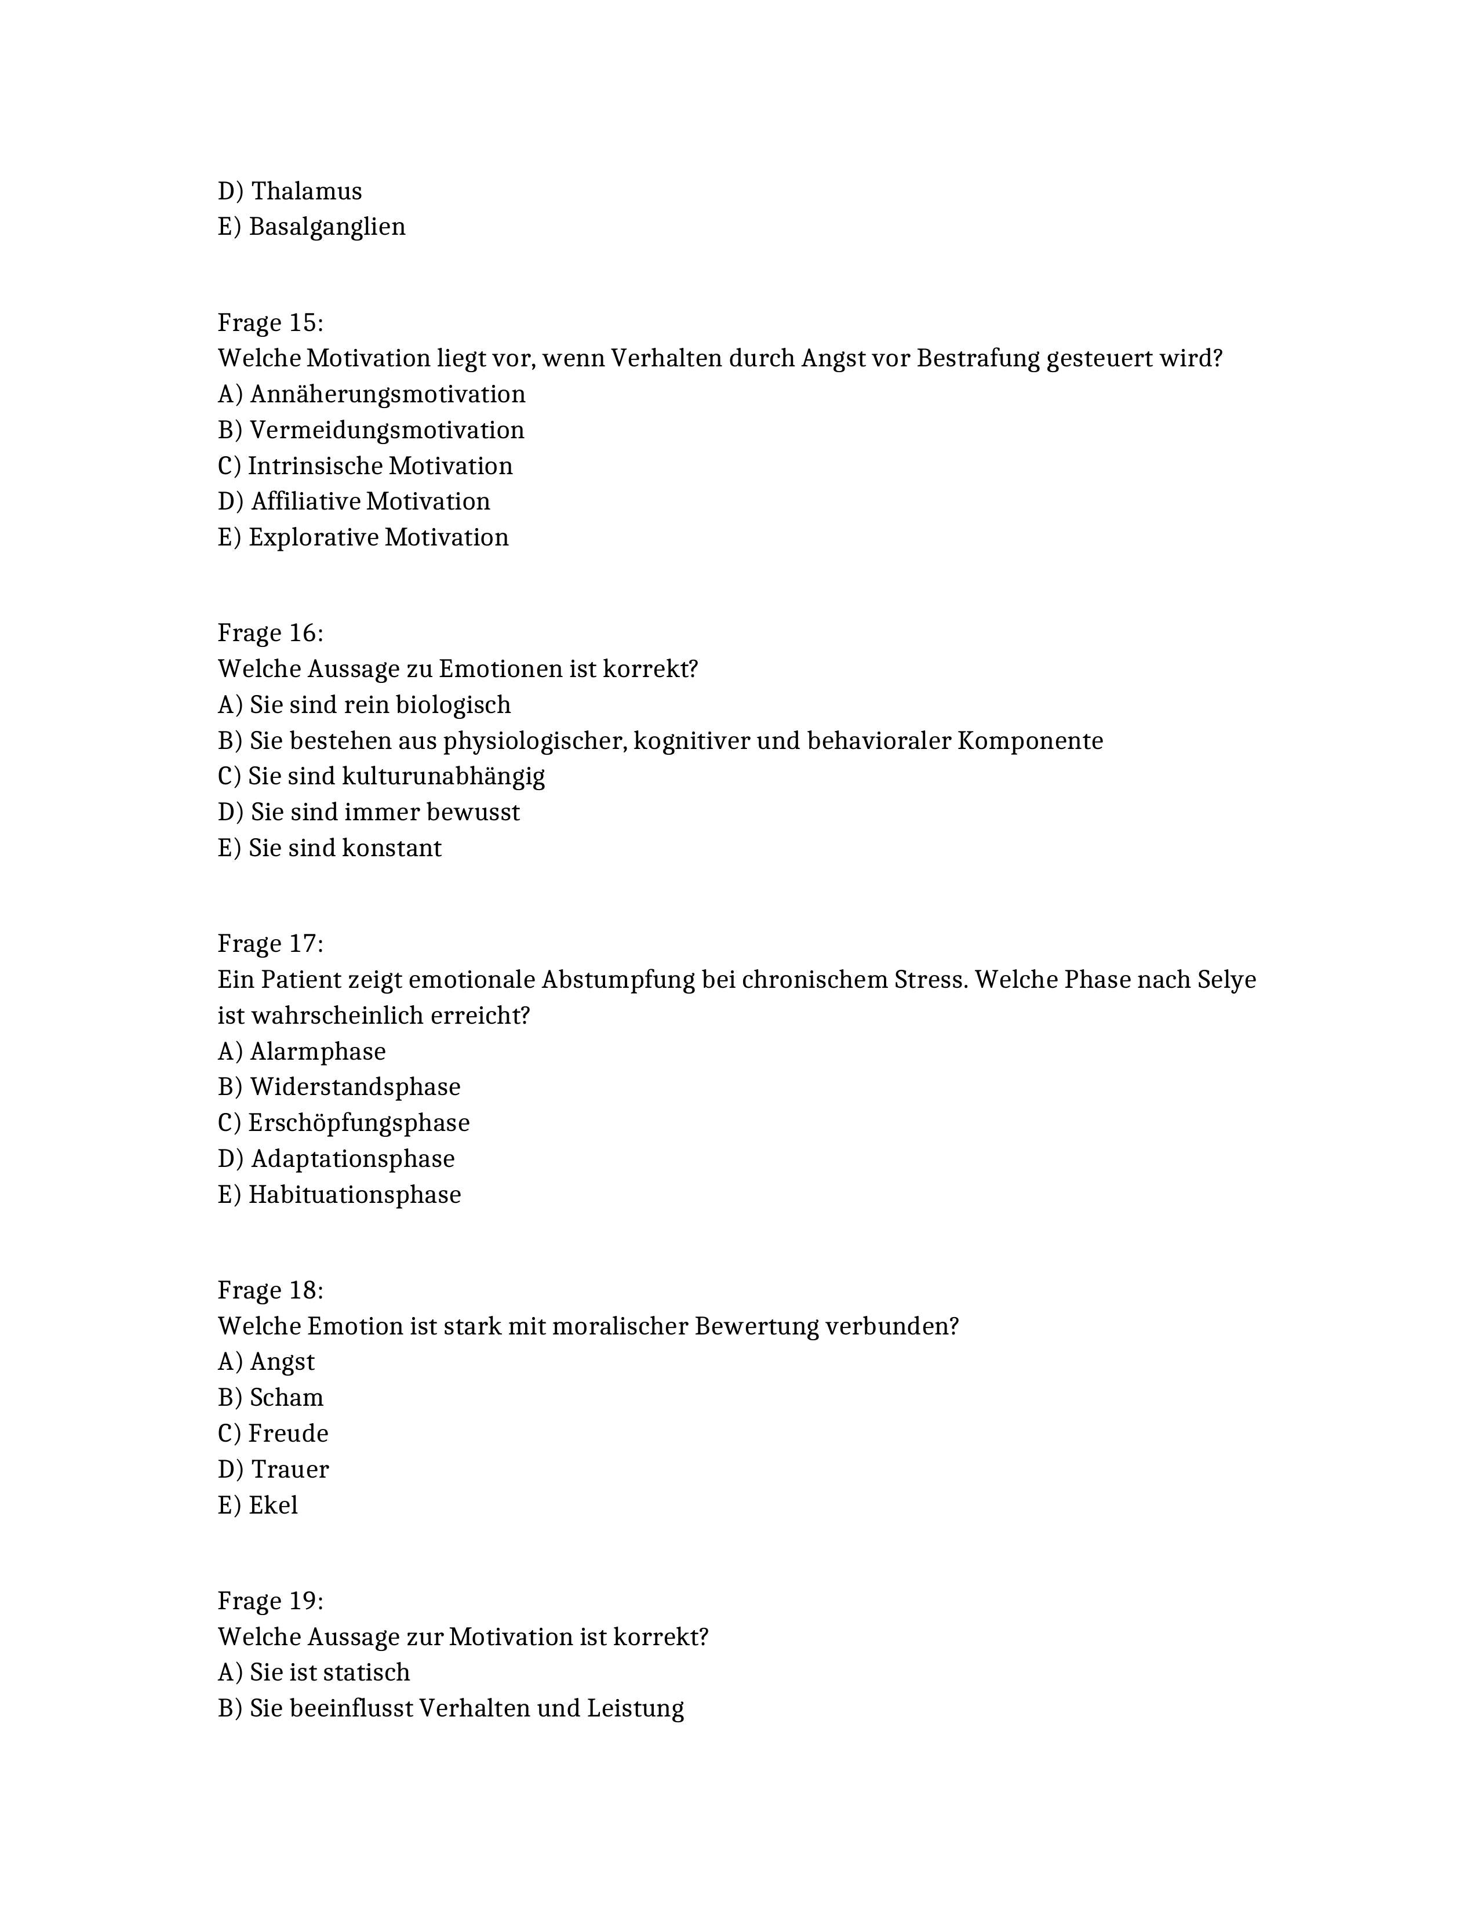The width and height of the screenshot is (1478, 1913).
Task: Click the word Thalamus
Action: (x=307, y=191)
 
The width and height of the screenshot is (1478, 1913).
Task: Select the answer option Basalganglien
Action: (x=326, y=227)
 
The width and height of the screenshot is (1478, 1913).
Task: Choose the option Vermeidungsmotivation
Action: (x=386, y=430)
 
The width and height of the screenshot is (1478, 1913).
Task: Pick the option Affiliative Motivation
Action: (x=370, y=502)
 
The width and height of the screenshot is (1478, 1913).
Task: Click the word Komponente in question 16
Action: (x=1030, y=741)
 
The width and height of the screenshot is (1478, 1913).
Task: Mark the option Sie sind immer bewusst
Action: (x=384, y=813)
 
